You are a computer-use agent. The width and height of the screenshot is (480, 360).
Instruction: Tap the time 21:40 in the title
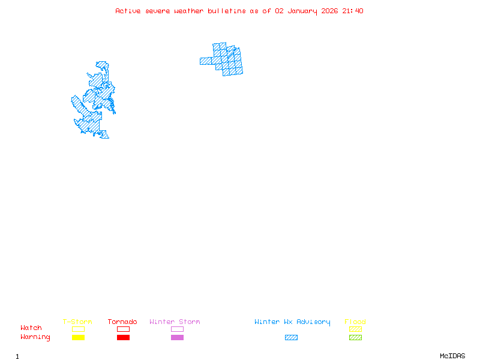click(353, 11)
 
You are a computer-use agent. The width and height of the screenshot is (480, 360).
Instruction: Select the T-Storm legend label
click(77, 322)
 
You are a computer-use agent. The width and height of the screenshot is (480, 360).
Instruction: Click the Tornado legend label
click(122, 322)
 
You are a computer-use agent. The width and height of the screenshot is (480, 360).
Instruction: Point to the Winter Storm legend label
click(175, 322)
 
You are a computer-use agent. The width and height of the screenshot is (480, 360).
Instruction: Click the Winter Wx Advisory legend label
click(292, 322)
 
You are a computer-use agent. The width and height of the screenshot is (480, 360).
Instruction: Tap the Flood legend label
click(355, 322)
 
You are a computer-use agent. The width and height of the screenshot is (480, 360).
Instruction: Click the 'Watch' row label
click(31, 328)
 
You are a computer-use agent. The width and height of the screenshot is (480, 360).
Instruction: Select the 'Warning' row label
click(35, 337)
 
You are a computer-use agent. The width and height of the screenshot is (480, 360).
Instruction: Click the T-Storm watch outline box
click(78, 329)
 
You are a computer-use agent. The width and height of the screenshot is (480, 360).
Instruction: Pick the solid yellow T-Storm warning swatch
click(78, 338)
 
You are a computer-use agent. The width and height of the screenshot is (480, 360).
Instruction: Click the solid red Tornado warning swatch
click(123, 338)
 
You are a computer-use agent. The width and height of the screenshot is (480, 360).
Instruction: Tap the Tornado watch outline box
click(123, 329)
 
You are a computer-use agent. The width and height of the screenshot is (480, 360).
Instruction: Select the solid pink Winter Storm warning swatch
click(177, 338)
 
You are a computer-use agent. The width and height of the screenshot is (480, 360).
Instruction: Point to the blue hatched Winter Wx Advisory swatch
click(291, 338)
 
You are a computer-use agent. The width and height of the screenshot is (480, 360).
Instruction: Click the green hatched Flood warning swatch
click(355, 338)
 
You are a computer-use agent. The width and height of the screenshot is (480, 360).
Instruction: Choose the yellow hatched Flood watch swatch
click(355, 329)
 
